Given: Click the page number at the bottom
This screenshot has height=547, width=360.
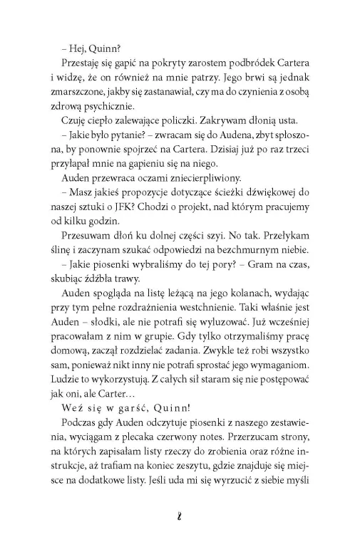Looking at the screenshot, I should (180, 528).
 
